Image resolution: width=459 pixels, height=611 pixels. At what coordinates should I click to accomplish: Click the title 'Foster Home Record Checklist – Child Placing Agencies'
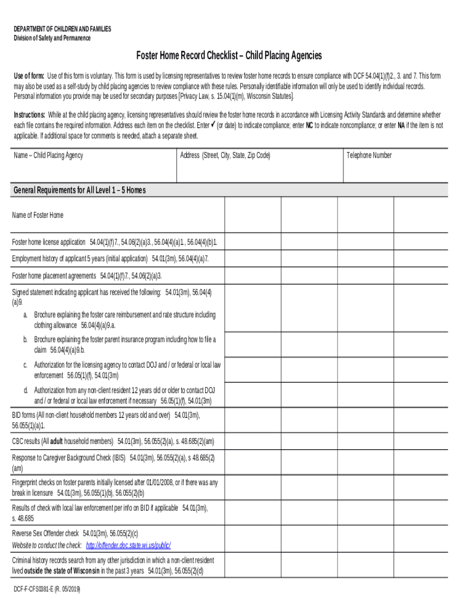click(x=229, y=55)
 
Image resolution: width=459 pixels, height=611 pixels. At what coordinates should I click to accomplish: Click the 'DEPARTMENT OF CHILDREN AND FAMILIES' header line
click(x=63, y=29)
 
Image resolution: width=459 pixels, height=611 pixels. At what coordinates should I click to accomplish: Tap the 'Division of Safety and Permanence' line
click(x=52, y=38)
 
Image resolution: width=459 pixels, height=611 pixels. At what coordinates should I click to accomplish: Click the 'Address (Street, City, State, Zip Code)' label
click(x=225, y=155)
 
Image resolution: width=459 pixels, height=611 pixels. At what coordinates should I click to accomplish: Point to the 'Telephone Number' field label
click(x=369, y=155)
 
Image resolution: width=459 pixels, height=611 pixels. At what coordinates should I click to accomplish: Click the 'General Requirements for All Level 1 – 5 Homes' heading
click(x=79, y=190)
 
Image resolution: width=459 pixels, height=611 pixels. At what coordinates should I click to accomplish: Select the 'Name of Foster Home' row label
click(x=38, y=215)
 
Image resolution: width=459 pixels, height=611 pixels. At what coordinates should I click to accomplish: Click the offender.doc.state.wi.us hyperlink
click(x=128, y=545)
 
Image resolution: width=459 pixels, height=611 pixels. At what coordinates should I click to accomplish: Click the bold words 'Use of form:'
click(x=29, y=76)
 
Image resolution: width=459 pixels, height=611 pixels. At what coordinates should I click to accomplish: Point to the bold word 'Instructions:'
click(x=29, y=115)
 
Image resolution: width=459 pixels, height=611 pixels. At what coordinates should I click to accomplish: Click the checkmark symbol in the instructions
click(x=213, y=125)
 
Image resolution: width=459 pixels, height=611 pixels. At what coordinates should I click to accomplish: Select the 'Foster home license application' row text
click(x=49, y=242)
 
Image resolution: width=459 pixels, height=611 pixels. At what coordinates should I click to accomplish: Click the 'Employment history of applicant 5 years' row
click(x=80, y=258)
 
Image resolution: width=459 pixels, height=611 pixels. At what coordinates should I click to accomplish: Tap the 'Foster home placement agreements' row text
click(x=54, y=276)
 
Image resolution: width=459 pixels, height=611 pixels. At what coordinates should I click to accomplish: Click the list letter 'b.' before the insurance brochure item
click(x=26, y=340)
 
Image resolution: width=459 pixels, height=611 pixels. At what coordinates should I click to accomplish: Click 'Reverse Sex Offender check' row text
click(x=45, y=533)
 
